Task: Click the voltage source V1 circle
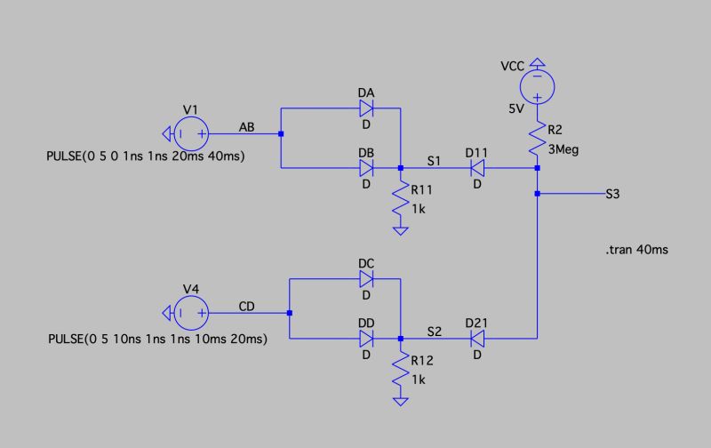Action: point(190,135)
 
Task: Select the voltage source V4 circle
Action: point(190,313)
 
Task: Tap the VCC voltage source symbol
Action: point(538,87)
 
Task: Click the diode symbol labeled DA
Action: point(366,108)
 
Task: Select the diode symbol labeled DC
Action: point(366,279)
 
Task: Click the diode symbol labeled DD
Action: point(366,339)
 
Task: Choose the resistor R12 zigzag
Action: point(401,369)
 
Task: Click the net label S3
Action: point(612,195)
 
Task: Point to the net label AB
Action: point(248,128)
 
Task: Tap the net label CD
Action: point(248,306)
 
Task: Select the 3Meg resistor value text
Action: point(563,150)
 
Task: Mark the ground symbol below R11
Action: point(401,231)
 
